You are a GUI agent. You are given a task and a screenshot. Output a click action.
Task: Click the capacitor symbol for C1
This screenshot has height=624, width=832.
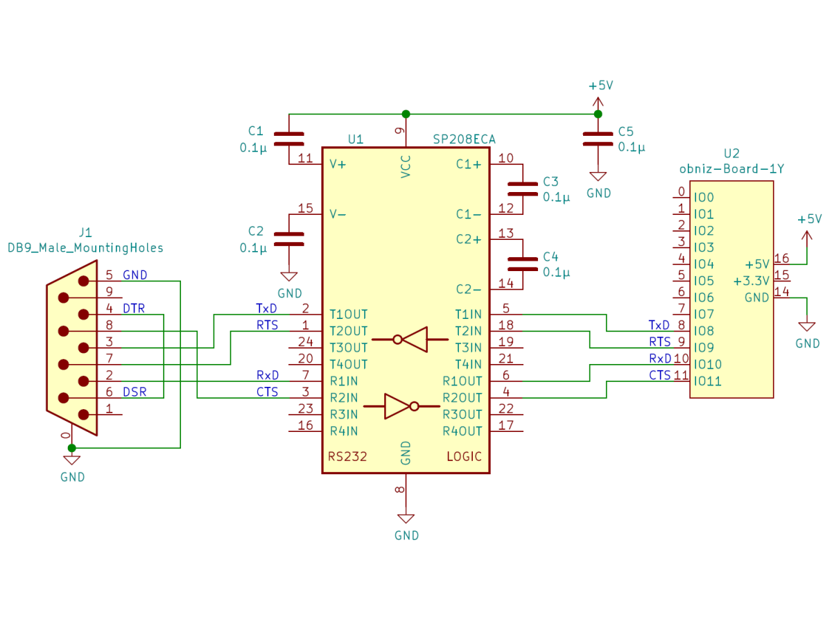click(289, 139)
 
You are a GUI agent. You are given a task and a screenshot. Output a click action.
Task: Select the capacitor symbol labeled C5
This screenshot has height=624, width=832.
click(598, 139)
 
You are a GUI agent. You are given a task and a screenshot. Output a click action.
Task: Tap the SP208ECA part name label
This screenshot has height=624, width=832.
click(464, 139)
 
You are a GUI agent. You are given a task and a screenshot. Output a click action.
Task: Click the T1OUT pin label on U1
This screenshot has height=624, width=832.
click(349, 314)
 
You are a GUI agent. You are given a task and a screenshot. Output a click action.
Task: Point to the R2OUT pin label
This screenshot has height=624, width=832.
click(462, 398)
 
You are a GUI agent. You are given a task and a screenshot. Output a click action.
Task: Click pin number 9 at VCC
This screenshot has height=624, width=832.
click(399, 130)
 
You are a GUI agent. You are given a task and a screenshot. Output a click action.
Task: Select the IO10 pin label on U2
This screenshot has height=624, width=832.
click(708, 365)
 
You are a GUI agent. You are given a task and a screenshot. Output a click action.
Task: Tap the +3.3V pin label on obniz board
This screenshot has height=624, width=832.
click(751, 281)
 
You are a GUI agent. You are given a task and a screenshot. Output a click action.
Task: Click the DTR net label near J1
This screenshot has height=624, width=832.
click(134, 309)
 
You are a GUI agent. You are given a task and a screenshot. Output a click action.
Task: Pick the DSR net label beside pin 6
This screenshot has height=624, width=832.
click(135, 392)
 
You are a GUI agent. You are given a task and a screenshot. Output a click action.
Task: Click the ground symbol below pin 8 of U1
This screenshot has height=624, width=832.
click(406, 519)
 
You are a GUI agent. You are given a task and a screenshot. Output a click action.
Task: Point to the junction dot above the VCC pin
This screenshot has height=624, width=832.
click(406, 114)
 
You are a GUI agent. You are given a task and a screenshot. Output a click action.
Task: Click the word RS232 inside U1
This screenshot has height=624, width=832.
click(347, 457)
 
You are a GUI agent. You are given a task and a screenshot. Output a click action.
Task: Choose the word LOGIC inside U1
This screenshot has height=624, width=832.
click(463, 457)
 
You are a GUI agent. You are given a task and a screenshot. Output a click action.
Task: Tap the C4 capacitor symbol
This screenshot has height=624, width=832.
click(522, 263)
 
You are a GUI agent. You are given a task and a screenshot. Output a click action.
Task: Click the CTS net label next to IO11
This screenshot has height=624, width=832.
click(659, 376)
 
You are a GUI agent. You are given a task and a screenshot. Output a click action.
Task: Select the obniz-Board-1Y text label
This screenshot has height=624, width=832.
click(731, 168)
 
